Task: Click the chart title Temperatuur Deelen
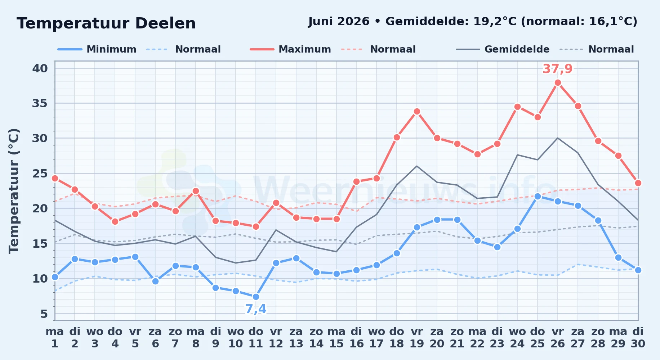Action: (x=106, y=23)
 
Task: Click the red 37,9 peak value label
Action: (x=558, y=68)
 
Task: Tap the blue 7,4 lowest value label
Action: (x=256, y=309)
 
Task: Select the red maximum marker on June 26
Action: (x=558, y=82)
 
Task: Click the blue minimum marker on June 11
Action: (x=256, y=297)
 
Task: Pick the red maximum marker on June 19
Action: (x=417, y=111)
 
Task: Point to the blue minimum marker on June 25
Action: (x=538, y=196)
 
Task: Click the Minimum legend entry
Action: (x=97, y=49)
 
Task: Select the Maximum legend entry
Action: (x=290, y=49)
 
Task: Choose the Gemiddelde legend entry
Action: (x=503, y=49)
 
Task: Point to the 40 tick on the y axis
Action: (x=40, y=68)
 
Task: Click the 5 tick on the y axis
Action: (x=44, y=314)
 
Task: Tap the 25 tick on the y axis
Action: (x=40, y=174)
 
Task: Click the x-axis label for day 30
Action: (x=638, y=338)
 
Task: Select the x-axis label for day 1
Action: (x=55, y=338)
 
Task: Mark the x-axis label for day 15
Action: (x=336, y=338)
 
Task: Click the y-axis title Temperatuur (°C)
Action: (x=14, y=191)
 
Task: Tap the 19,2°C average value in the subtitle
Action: (x=495, y=21)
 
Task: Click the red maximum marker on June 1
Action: (x=55, y=178)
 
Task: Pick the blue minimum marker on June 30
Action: (x=638, y=270)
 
